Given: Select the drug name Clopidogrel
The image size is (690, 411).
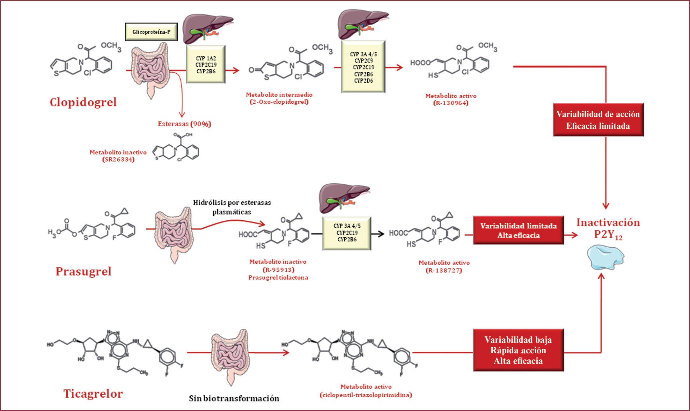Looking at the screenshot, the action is (83, 102).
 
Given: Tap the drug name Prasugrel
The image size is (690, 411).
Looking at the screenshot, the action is (84, 271).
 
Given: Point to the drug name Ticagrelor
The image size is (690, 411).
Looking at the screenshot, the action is (93, 393).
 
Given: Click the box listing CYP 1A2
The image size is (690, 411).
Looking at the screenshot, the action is (206, 64).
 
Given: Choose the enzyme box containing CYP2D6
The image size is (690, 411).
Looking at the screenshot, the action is (363, 66).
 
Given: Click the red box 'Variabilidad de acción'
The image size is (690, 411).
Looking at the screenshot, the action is (598, 120).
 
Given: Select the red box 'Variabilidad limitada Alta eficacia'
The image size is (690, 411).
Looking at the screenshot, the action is (518, 231).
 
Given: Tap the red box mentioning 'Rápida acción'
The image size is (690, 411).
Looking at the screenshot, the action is (518, 350).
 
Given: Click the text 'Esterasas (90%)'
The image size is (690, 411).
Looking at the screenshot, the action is (185, 124).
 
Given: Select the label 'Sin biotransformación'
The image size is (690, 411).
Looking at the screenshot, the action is (234, 398).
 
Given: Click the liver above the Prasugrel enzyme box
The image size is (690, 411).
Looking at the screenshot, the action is (345, 199).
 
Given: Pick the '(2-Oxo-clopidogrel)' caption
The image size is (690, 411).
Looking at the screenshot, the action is (279, 102).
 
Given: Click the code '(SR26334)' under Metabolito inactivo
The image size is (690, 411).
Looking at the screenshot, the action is (118, 159).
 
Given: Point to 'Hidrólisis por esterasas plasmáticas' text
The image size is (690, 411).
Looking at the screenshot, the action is (232, 207).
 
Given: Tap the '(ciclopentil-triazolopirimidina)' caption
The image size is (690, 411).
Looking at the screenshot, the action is (366, 395).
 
